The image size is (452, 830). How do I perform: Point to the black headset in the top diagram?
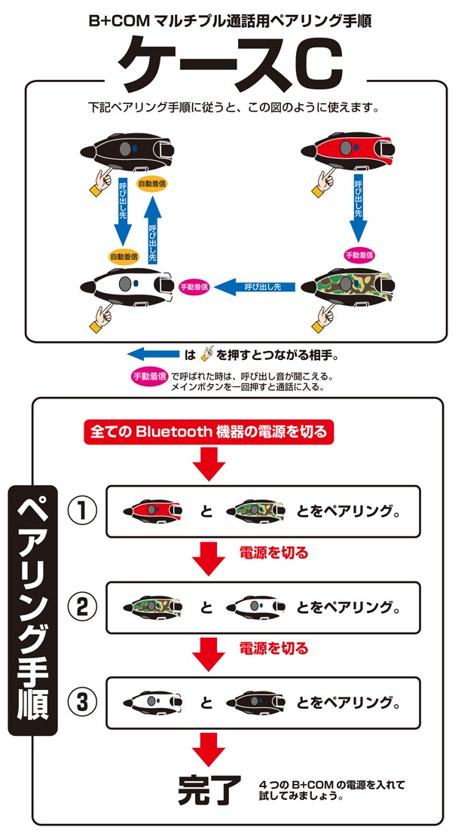[127, 151]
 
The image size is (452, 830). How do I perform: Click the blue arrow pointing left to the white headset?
[254, 286]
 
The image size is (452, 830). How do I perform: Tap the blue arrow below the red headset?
[359, 206]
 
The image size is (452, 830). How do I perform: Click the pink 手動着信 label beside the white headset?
[195, 286]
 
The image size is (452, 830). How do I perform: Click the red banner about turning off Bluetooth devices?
[209, 432]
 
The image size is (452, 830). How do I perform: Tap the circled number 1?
[83, 511]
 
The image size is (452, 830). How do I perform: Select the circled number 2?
[83, 606]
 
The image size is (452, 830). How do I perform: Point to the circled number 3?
[83, 703]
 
